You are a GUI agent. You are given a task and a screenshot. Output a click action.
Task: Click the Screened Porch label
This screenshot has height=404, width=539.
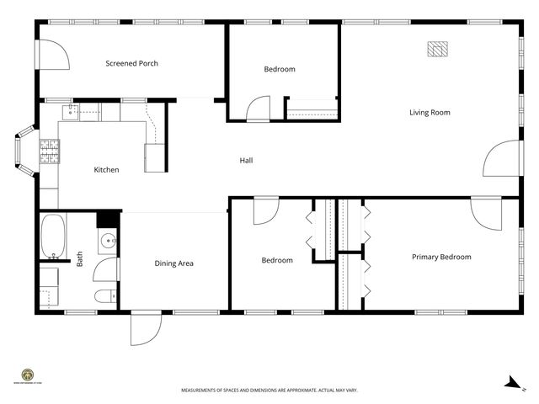tap(131, 63)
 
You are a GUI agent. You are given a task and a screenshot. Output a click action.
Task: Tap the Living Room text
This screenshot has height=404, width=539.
tap(430, 112)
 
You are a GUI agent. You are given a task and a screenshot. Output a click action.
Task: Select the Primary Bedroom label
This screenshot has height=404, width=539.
tap(440, 257)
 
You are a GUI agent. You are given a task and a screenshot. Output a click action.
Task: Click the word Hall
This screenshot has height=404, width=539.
tap(246, 160)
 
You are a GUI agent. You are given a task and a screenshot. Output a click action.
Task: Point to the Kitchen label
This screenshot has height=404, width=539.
tap(106, 170)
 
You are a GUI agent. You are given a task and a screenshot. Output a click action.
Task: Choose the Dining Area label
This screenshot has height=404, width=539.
tap(174, 263)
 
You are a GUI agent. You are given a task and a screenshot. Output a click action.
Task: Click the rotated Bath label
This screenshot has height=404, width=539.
tap(80, 261)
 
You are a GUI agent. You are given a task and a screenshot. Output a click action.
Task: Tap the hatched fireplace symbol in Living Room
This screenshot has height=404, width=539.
tap(436, 50)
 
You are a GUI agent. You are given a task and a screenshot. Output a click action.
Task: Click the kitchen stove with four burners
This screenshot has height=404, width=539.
tap(50, 151)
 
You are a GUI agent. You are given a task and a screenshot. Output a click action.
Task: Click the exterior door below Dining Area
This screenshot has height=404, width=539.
tap(145, 328)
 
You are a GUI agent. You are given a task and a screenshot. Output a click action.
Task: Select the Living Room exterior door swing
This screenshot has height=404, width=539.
tap(499, 159)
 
